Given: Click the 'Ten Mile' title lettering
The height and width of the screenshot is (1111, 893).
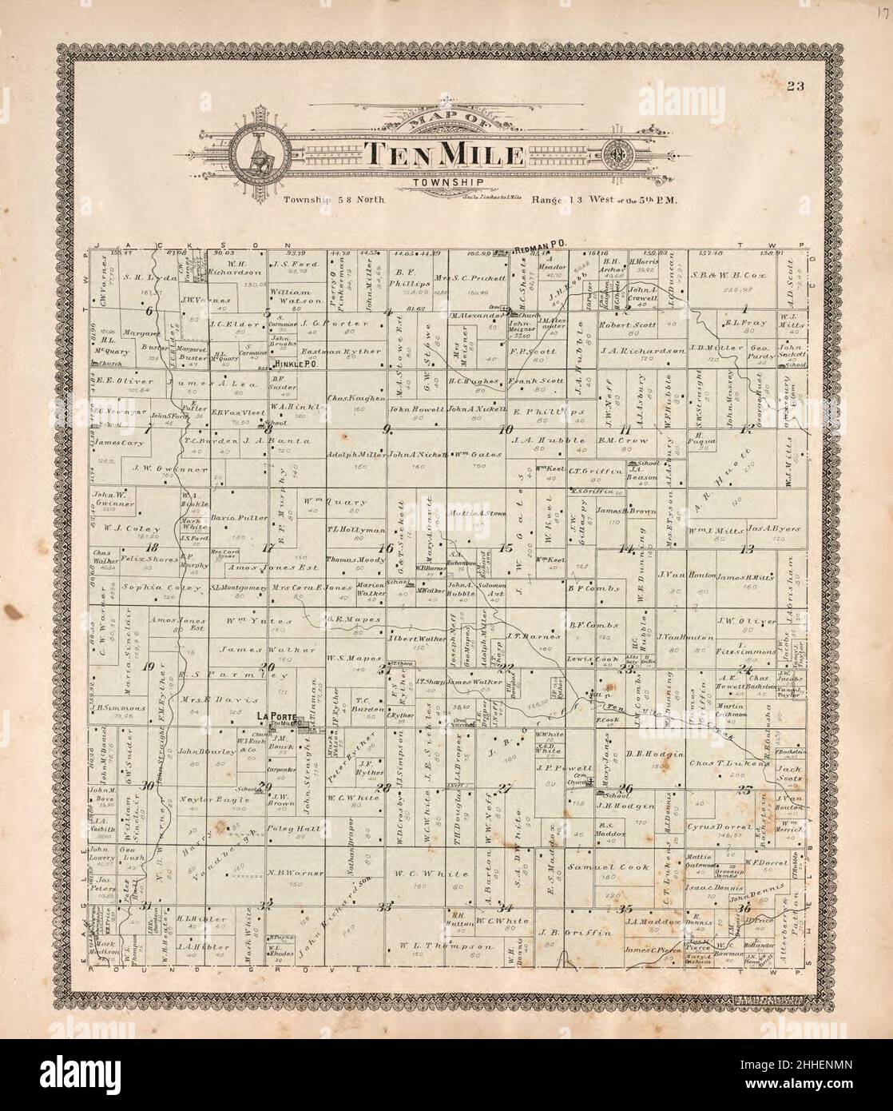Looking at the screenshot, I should point(444,154).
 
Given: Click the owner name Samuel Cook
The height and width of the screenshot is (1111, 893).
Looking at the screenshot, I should point(599,866).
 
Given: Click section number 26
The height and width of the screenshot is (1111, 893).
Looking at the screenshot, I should point(625,790).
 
